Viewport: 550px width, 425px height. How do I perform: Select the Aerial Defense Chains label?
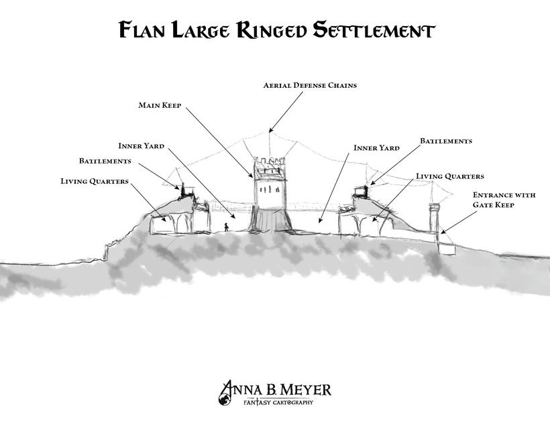click(x=310, y=86)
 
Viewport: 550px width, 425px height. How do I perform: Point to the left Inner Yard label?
click(x=141, y=145)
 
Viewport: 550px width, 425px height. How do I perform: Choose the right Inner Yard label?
click(x=376, y=147)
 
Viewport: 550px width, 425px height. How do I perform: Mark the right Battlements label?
click(x=446, y=141)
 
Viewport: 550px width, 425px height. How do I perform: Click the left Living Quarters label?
click(x=94, y=181)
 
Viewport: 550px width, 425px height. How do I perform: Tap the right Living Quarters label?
click(x=449, y=176)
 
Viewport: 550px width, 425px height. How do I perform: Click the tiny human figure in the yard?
click(x=227, y=227)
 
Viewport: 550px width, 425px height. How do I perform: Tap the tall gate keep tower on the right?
click(x=435, y=221)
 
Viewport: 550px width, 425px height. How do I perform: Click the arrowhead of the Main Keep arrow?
click(x=252, y=176)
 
